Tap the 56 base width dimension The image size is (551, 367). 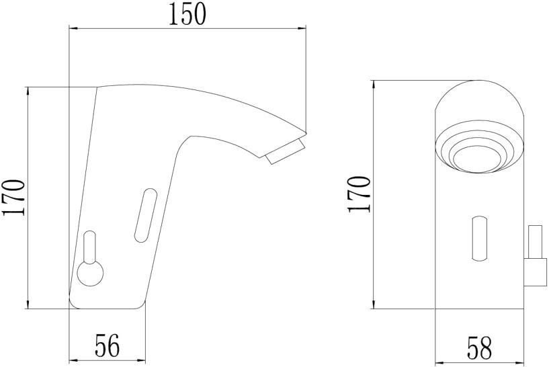pos(107,346)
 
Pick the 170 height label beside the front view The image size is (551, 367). pos(359,194)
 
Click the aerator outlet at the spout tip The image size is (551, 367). pos(286,152)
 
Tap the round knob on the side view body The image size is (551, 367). pos(89,274)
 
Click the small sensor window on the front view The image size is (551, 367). pos(480,239)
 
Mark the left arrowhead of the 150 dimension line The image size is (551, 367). pos(74,28)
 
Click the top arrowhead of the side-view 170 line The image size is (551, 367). pos(28,91)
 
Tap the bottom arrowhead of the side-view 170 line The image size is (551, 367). pos(28,305)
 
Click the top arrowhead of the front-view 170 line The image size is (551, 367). pos(374,84)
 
